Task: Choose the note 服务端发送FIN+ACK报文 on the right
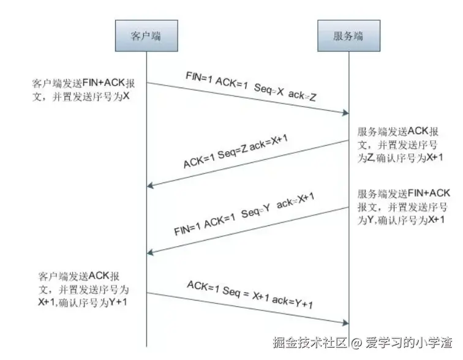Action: [x=404, y=206]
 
